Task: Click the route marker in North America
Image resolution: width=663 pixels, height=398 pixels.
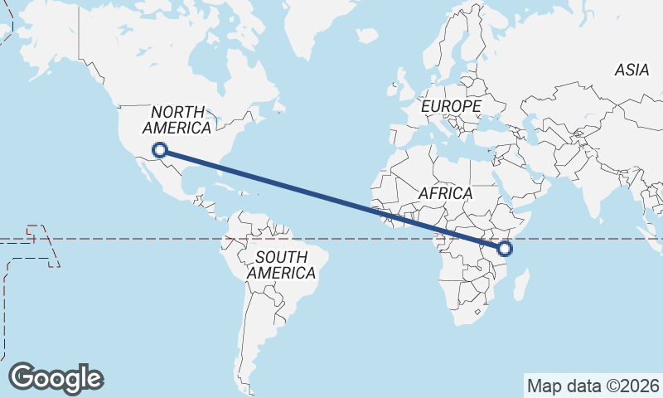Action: [160, 150]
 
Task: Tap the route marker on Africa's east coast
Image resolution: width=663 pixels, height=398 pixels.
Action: [505, 248]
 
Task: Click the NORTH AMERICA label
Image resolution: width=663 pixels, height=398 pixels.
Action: [177, 119]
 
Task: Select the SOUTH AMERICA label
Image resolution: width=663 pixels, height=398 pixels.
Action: [281, 265]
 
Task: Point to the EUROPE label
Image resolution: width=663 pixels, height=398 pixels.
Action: [450, 107]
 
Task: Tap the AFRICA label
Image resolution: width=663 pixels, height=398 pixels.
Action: [445, 193]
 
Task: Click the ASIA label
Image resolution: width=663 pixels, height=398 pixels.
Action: [632, 70]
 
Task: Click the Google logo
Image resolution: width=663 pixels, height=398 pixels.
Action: [56, 378]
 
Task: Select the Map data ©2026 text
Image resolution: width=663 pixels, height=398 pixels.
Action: [593, 386]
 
